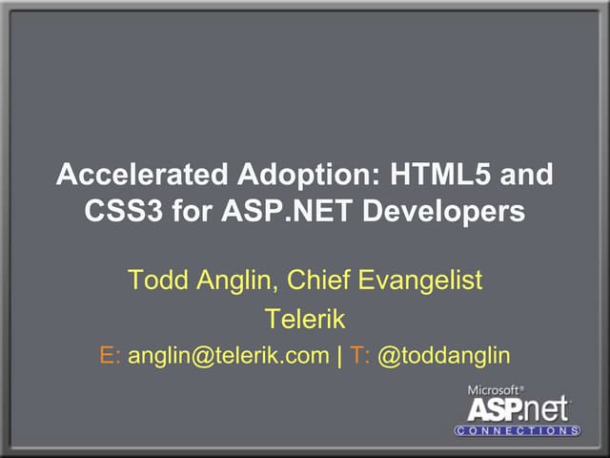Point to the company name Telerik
pos(304,318)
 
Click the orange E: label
pos(110,355)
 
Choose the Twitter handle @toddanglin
pos(444,356)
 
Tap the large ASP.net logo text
pos(518,408)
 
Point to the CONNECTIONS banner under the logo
pos(518,430)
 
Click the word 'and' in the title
pos(526,177)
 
